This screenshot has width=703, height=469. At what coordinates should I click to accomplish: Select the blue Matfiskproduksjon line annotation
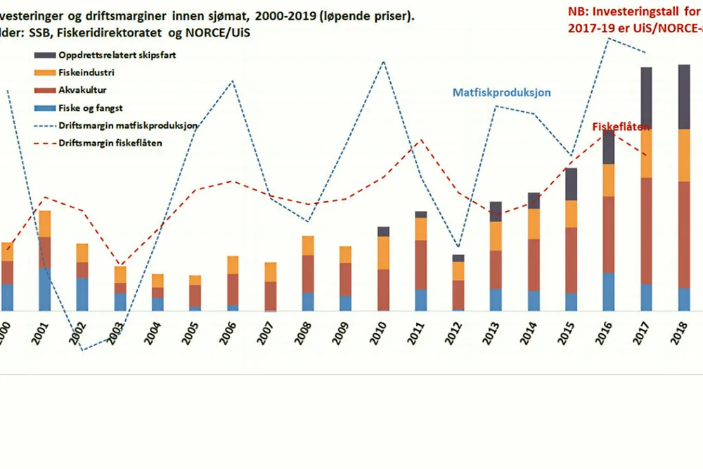pos(501,93)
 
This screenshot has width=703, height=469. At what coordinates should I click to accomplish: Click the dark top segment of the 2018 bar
pos(683,96)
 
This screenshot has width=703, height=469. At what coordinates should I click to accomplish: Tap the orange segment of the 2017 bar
pos(645,153)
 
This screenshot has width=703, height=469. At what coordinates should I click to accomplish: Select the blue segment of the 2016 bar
pos(608,291)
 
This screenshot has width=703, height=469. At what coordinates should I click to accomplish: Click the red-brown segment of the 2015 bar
pos(570,260)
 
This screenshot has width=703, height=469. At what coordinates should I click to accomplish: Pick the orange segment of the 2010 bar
pos(382,252)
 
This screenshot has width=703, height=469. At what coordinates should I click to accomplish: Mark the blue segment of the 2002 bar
pos(82,294)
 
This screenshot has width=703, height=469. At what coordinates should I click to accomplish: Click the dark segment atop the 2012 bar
pos(458,258)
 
